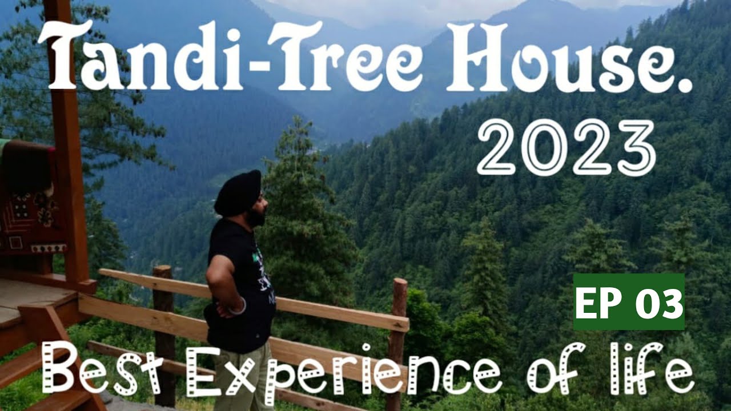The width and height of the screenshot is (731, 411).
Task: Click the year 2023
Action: click(565, 147)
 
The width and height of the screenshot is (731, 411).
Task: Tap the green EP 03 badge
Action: click(629, 301)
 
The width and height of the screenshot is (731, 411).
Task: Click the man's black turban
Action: click(238, 193)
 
